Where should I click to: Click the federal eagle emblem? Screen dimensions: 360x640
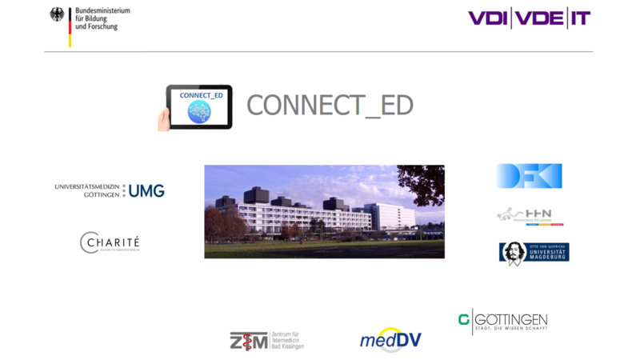pyautogui.click(x=57, y=15)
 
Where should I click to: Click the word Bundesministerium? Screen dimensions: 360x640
pyautogui.click(x=102, y=10)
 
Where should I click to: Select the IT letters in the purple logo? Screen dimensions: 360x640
pyautogui.click(x=579, y=18)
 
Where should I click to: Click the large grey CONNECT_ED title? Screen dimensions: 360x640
pyautogui.click(x=330, y=106)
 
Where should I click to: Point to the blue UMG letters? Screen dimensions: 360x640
pyautogui.click(x=146, y=190)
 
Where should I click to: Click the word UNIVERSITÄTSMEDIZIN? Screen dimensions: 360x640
pyautogui.click(x=87, y=186)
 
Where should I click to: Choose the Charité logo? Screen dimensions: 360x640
pyautogui.click(x=110, y=242)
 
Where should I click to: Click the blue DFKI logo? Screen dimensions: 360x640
pyautogui.click(x=529, y=176)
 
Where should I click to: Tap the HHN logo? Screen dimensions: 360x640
pyautogui.click(x=530, y=215)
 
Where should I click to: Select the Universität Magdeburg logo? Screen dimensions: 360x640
pyautogui.click(x=534, y=253)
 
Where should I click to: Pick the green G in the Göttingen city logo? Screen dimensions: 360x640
pyautogui.click(x=463, y=320)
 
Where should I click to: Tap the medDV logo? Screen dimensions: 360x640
pyautogui.click(x=390, y=340)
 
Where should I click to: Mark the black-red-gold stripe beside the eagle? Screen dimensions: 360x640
pyautogui.click(x=70, y=28)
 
